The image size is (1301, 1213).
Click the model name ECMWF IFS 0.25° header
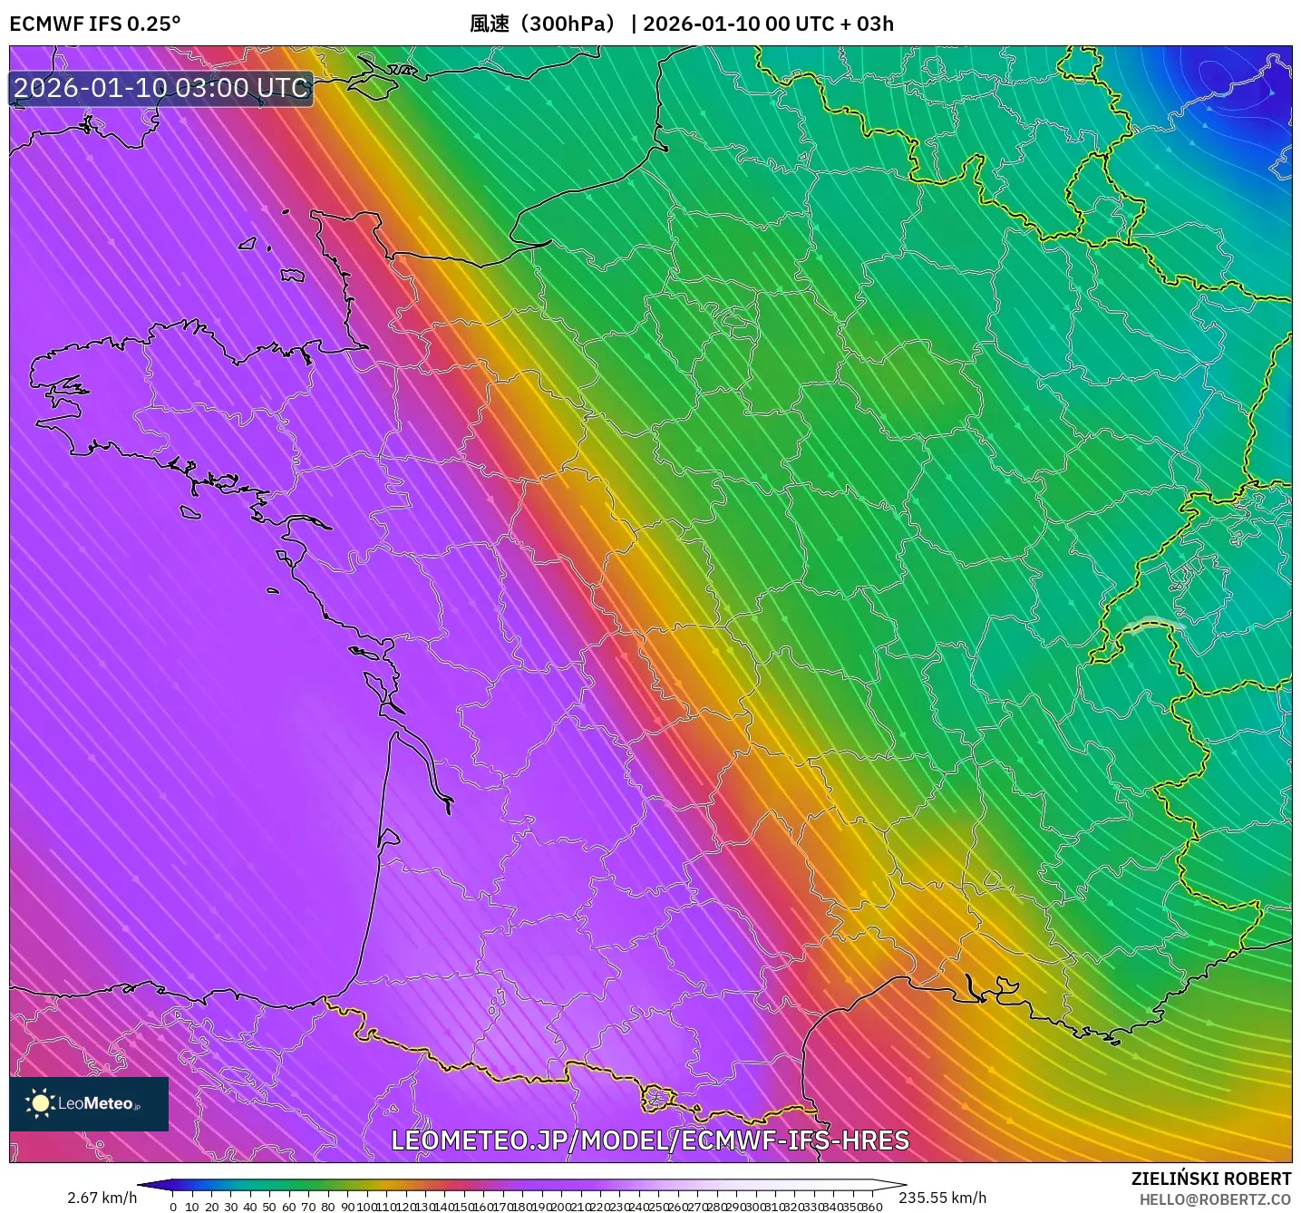pos(95,24)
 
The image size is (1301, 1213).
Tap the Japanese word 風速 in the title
pos(490,24)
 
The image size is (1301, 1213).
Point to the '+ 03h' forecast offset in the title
pos(865,24)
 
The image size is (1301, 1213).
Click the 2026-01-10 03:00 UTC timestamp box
pos(161,88)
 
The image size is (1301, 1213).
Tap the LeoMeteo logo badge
pos(89,1103)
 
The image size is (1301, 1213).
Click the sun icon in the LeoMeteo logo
pos(40,1103)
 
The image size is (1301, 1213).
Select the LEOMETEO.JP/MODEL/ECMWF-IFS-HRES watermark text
pos(649,1140)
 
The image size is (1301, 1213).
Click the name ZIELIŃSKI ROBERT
pos(1210,1179)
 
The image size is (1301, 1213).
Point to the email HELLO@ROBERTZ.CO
pos(1215,1199)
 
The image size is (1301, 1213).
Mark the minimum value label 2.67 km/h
pos(102,1198)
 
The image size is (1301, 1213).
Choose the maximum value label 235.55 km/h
pos(942,1198)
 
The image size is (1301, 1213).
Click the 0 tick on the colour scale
pos(173,1207)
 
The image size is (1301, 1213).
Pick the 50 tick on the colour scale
pos(269,1207)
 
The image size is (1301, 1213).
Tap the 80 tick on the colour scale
pos(327,1207)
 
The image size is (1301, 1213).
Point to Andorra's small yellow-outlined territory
pos(658,1098)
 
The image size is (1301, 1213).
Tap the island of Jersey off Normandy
pos(292,275)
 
